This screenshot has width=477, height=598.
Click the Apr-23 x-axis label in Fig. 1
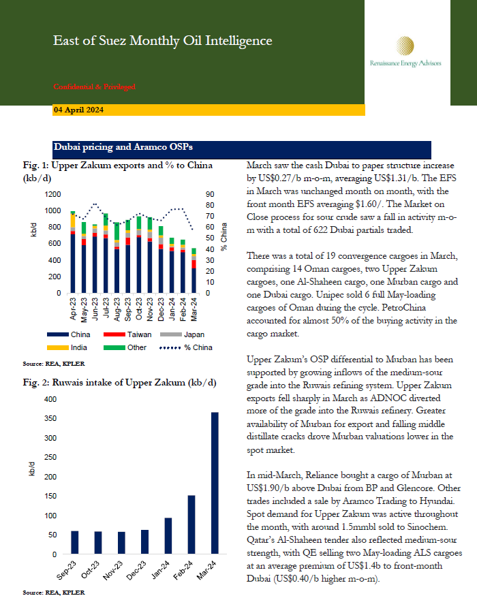tap(71, 306)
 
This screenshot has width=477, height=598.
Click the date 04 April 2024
tap(78, 110)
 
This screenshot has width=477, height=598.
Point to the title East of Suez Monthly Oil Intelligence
tap(163, 41)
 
